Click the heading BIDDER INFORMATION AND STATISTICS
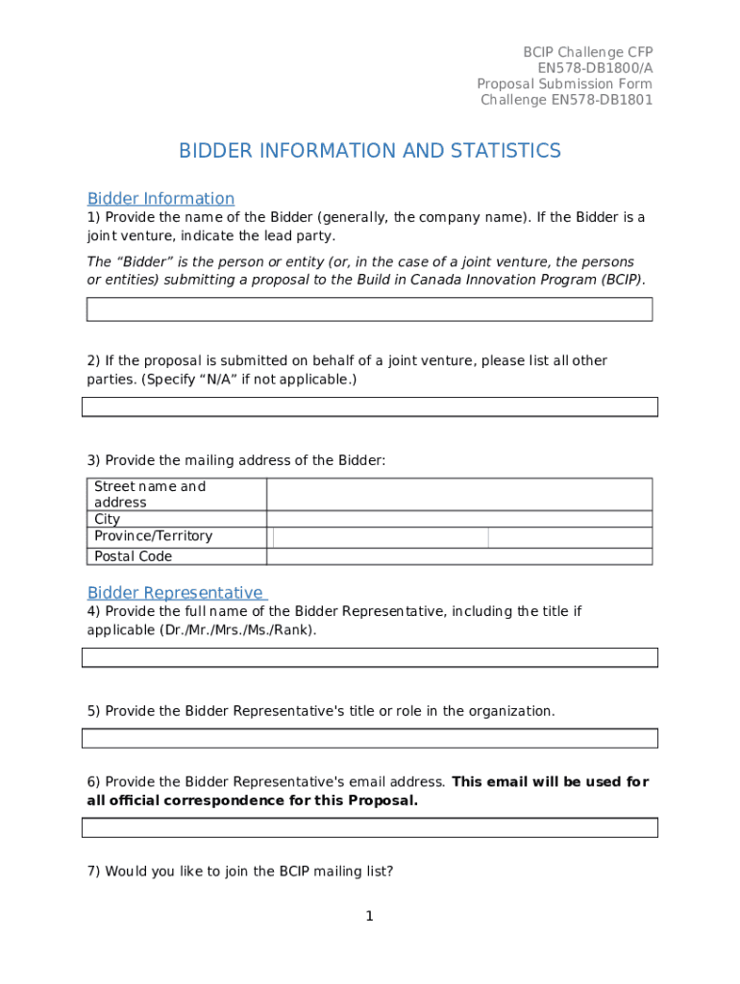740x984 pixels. tap(369, 151)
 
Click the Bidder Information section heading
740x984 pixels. tap(160, 199)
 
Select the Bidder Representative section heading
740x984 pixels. tap(177, 592)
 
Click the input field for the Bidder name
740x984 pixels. tap(369, 309)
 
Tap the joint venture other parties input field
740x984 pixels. tap(369, 407)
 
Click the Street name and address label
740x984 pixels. tap(150, 494)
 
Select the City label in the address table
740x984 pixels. tap(108, 519)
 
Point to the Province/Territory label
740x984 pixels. tap(153, 536)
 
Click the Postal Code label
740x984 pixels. tap(133, 556)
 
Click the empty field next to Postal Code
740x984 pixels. tap(459, 556)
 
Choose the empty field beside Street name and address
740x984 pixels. tap(459, 494)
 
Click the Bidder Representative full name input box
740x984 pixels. tap(369, 657)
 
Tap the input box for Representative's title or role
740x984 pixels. tap(369, 738)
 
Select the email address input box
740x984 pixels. tap(369, 827)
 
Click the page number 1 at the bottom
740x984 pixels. tap(369, 917)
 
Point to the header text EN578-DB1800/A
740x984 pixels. tap(595, 67)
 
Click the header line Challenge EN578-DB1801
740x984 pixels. tap(566, 100)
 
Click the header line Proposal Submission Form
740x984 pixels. tap(564, 84)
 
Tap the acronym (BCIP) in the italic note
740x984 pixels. tap(620, 280)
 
